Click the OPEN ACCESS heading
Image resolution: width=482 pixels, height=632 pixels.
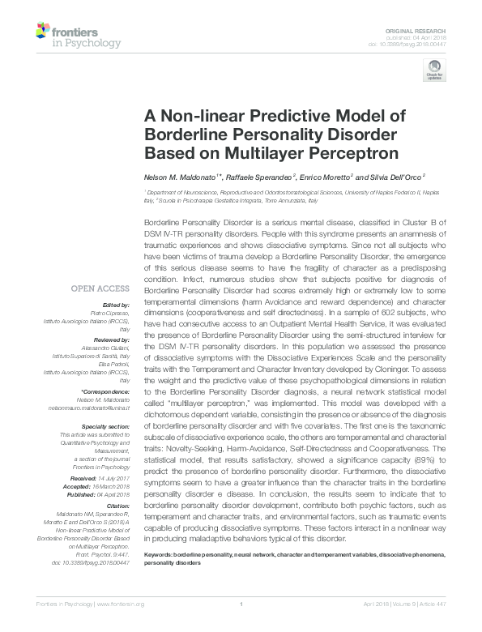pos(100,288)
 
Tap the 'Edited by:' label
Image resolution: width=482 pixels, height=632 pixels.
pos(115,305)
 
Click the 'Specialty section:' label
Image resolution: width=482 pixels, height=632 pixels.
pos(106,425)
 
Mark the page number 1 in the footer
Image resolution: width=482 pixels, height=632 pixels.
pos(241,626)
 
